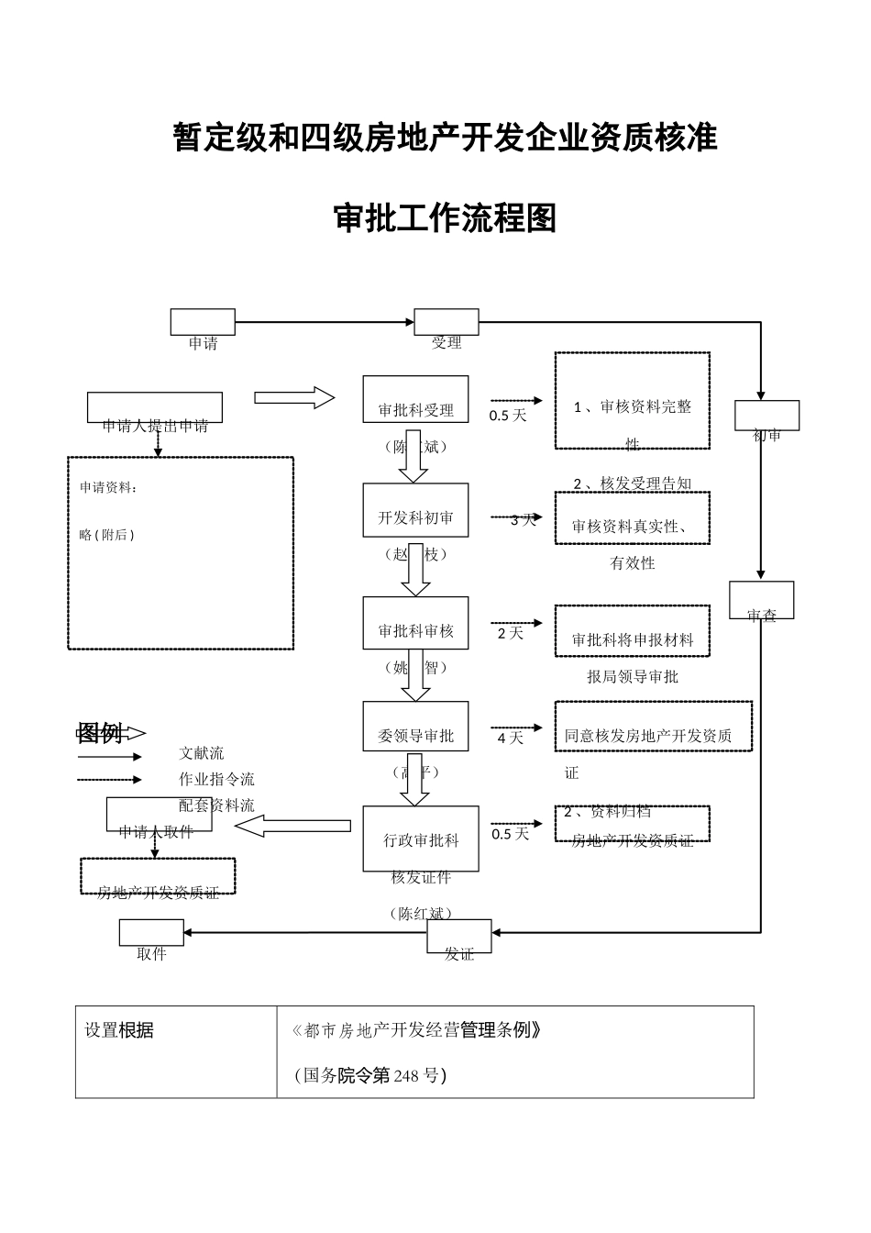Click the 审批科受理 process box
[415, 399]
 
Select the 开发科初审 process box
[415, 510]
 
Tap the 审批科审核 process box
[415, 623]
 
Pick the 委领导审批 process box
[415, 727]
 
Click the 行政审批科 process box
[421, 839]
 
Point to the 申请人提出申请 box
[155, 408]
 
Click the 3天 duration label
[523, 520]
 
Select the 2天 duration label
[510, 633]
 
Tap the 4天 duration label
[510, 738]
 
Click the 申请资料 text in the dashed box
[108, 488]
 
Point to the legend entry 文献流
[201, 753]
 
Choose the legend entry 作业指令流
[216, 779]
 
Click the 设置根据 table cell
[119, 1030]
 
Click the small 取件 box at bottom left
[151, 933]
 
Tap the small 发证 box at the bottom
[459, 937]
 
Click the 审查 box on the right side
[762, 600]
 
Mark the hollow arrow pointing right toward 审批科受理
[293, 397]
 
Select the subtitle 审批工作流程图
[446, 218]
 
